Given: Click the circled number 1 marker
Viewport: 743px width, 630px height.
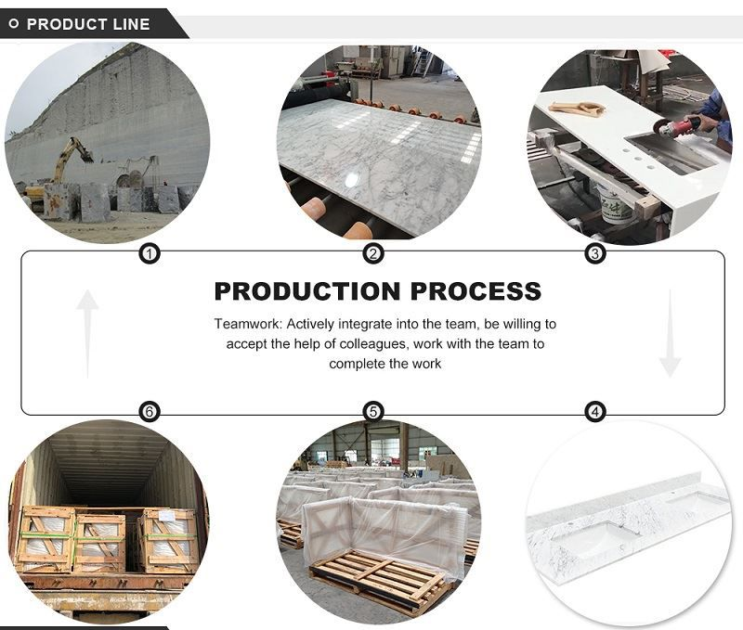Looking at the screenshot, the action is tap(150, 254).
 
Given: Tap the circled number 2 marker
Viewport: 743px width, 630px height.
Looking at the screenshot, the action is tap(373, 254).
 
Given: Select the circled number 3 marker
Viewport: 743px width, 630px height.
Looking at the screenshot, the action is tap(594, 254).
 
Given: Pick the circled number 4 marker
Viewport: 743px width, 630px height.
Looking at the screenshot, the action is tap(595, 411).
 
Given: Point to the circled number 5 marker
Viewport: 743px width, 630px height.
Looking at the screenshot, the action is tap(373, 411).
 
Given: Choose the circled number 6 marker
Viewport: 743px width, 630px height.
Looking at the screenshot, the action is tap(150, 411).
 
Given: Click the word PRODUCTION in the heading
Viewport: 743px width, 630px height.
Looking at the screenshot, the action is tap(307, 291).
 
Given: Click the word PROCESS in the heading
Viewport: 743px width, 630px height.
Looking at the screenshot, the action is tap(476, 291).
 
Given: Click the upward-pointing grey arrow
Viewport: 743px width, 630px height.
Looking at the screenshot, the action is tap(87, 334).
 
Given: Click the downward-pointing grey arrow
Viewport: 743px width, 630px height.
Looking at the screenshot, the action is tap(670, 334).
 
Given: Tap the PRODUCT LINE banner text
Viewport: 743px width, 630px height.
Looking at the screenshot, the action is tap(88, 24).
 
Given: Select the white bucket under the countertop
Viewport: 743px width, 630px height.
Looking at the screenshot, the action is tap(615, 203).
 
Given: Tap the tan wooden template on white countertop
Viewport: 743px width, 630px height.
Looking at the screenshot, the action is tap(577, 109).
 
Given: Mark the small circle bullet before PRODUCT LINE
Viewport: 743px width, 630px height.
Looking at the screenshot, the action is tap(14, 24).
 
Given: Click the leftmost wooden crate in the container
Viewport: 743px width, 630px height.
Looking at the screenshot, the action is tap(46, 540).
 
